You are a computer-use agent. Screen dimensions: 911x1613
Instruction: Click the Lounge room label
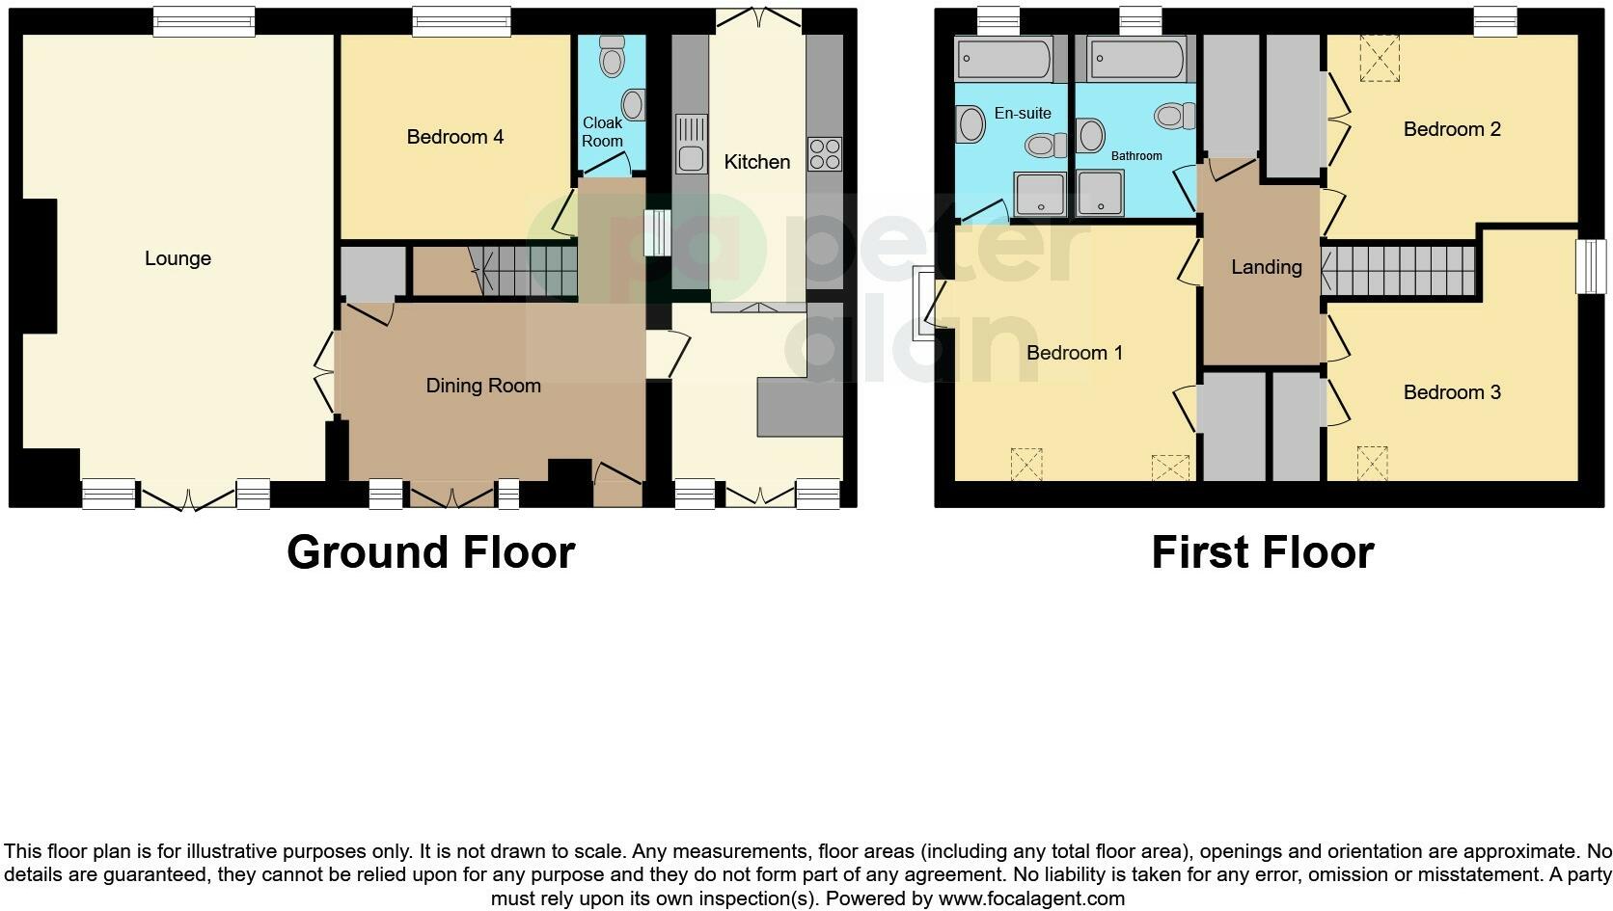tap(178, 258)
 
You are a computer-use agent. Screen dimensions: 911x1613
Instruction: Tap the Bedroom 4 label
tap(454, 137)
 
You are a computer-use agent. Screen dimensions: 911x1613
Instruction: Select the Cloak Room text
tap(602, 132)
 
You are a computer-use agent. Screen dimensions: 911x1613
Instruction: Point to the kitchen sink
tap(692, 142)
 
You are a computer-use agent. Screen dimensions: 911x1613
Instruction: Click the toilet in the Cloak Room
tap(612, 58)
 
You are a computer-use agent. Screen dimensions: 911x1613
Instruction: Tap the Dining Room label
tap(482, 386)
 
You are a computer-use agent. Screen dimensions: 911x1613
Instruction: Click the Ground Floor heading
tap(430, 552)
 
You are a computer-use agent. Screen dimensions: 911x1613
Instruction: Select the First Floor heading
tap(1262, 552)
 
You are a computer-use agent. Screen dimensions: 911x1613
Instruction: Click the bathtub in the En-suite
tap(1004, 60)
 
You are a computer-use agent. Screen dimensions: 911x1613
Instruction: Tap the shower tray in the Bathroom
tap(1101, 193)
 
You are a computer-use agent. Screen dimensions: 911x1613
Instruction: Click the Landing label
tap(1266, 267)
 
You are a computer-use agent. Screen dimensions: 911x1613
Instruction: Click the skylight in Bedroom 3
tap(1371, 462)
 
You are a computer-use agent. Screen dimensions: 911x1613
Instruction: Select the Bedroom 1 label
tap(1074, 353)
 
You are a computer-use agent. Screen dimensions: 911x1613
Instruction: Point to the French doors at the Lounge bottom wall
tap(188, 497)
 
